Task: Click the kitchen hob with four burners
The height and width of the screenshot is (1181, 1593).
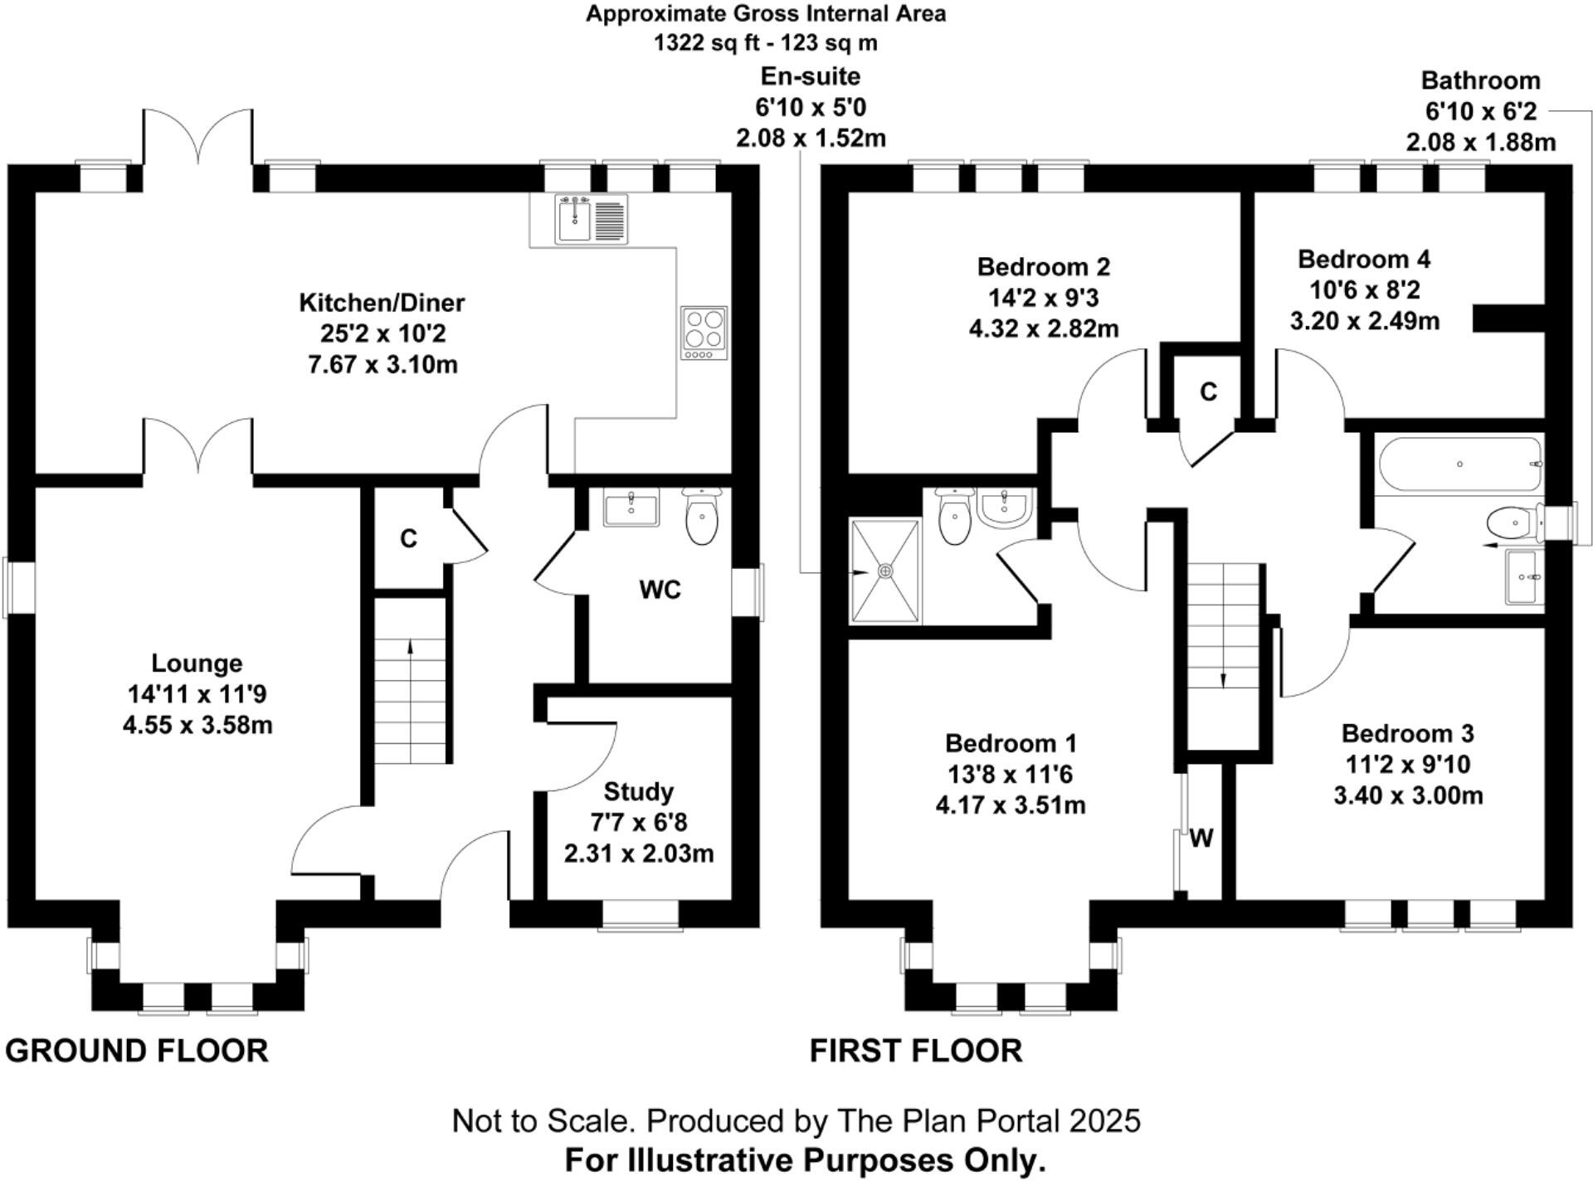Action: tap(704, 333)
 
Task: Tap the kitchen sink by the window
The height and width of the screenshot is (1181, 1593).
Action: tap(592, 219)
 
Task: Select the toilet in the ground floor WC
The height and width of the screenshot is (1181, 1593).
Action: tap(703, 516)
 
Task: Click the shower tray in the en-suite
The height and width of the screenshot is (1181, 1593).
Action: tap(885, 571)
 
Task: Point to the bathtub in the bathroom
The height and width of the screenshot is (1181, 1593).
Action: tap(1459, 465)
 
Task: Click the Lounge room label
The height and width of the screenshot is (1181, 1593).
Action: tap(197, 663)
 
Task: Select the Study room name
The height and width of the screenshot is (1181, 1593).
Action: tap(638, 792)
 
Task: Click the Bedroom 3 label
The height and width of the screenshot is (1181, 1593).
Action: tap(1407, 734)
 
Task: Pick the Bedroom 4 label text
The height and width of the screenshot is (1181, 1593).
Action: tap(1364, 260)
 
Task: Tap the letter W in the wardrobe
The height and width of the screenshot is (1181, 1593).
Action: tap(1201, 839)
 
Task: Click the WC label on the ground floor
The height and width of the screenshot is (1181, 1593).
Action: tap(660, 590)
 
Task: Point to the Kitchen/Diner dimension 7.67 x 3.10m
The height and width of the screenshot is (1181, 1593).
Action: tap(382, 365)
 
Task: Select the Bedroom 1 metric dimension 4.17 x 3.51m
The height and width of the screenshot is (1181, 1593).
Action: tap(1010, 805)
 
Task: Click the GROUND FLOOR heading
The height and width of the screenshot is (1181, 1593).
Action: tap(137, 1051)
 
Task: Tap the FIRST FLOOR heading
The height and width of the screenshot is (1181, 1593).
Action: tap(916, 1051)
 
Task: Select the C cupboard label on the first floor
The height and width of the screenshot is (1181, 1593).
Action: tap(1208, 391)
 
